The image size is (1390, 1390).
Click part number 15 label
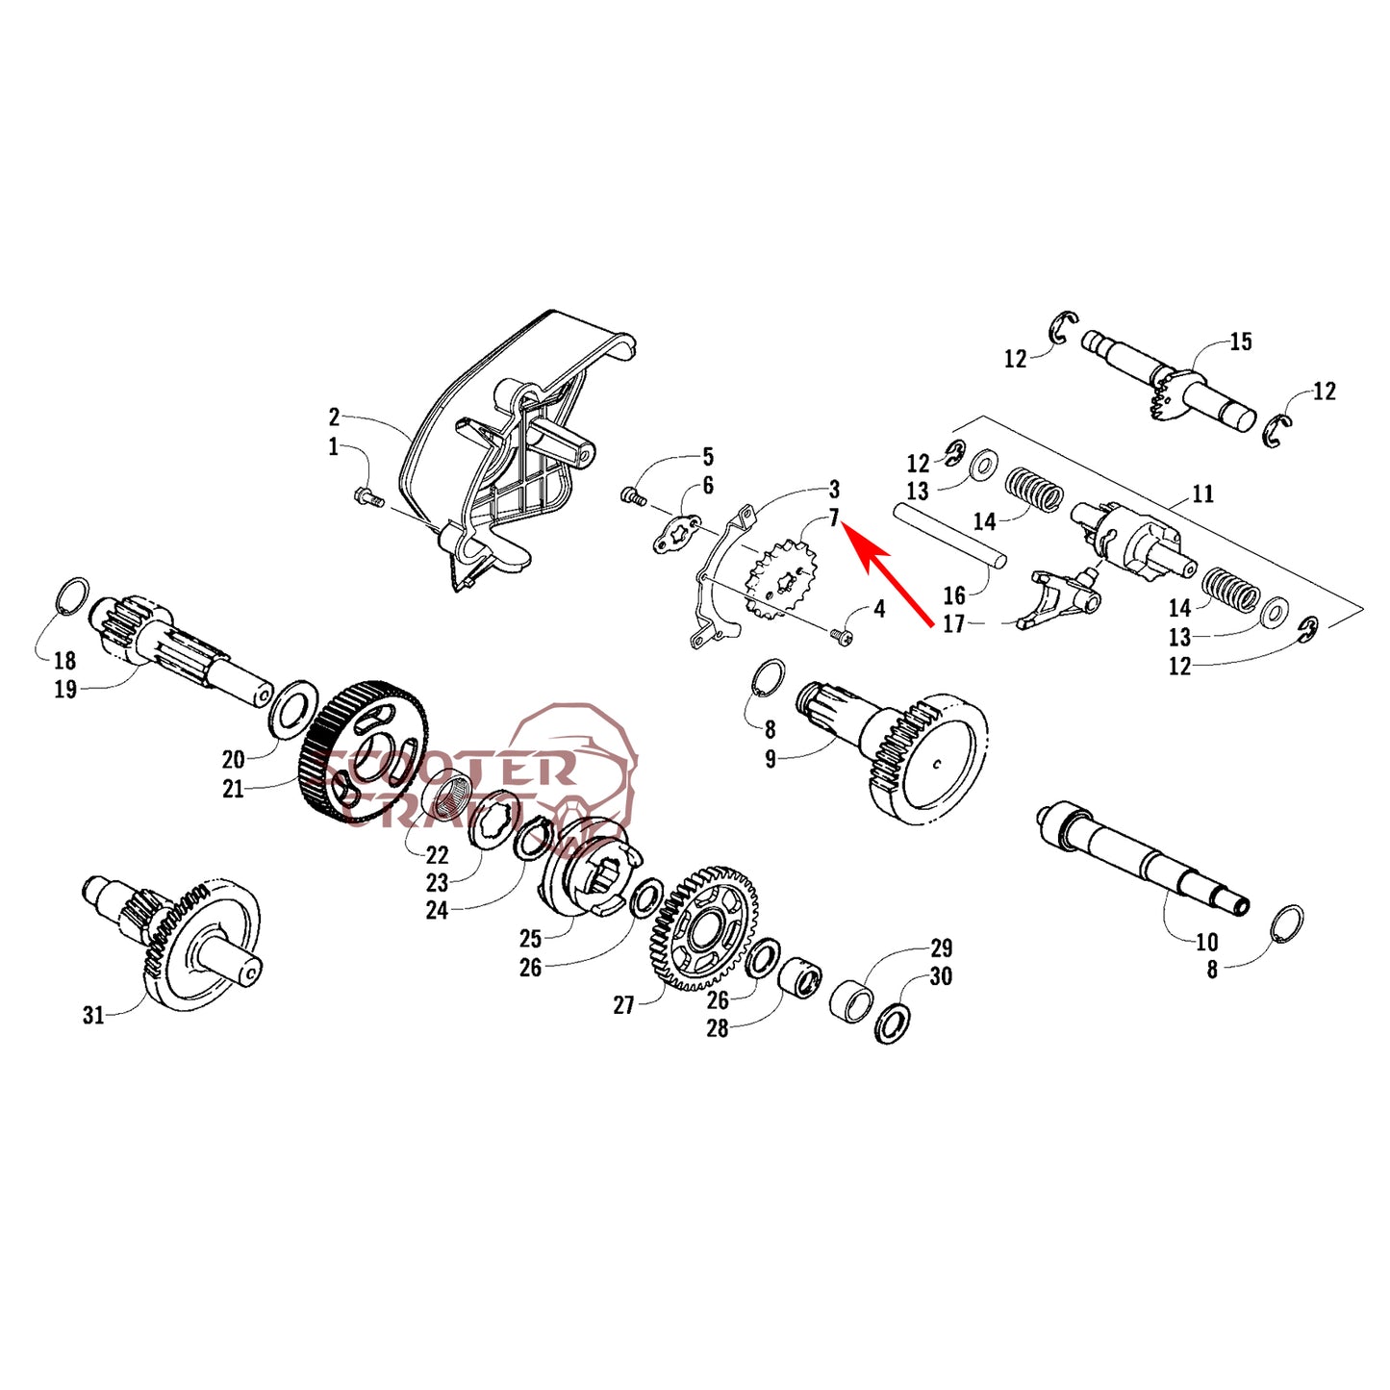pyautogui.click(x=1240, y=341)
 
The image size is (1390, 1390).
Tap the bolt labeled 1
pyautogui.click(x=368, y=497)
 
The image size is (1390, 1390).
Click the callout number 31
pyautogui.click(x=93, y=1016)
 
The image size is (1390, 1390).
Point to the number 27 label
pyautogui.click(x=623, y=1005)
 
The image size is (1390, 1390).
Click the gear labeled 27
pyautogui.click(x=702, y=927)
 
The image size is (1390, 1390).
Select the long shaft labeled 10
pyautogui.click(x=1143, y=858)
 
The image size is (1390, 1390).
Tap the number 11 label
pyautogui.click(x=1203, y=493)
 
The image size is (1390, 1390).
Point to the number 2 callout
pyautogui.click(x=333, y=417)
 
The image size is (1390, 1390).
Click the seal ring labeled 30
pyautogui.click(x=893, y=1022)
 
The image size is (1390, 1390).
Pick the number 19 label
pyautogui.click(x=65, y=689)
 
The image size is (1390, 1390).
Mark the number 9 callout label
pyautogui.click(x=771, y=760)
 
